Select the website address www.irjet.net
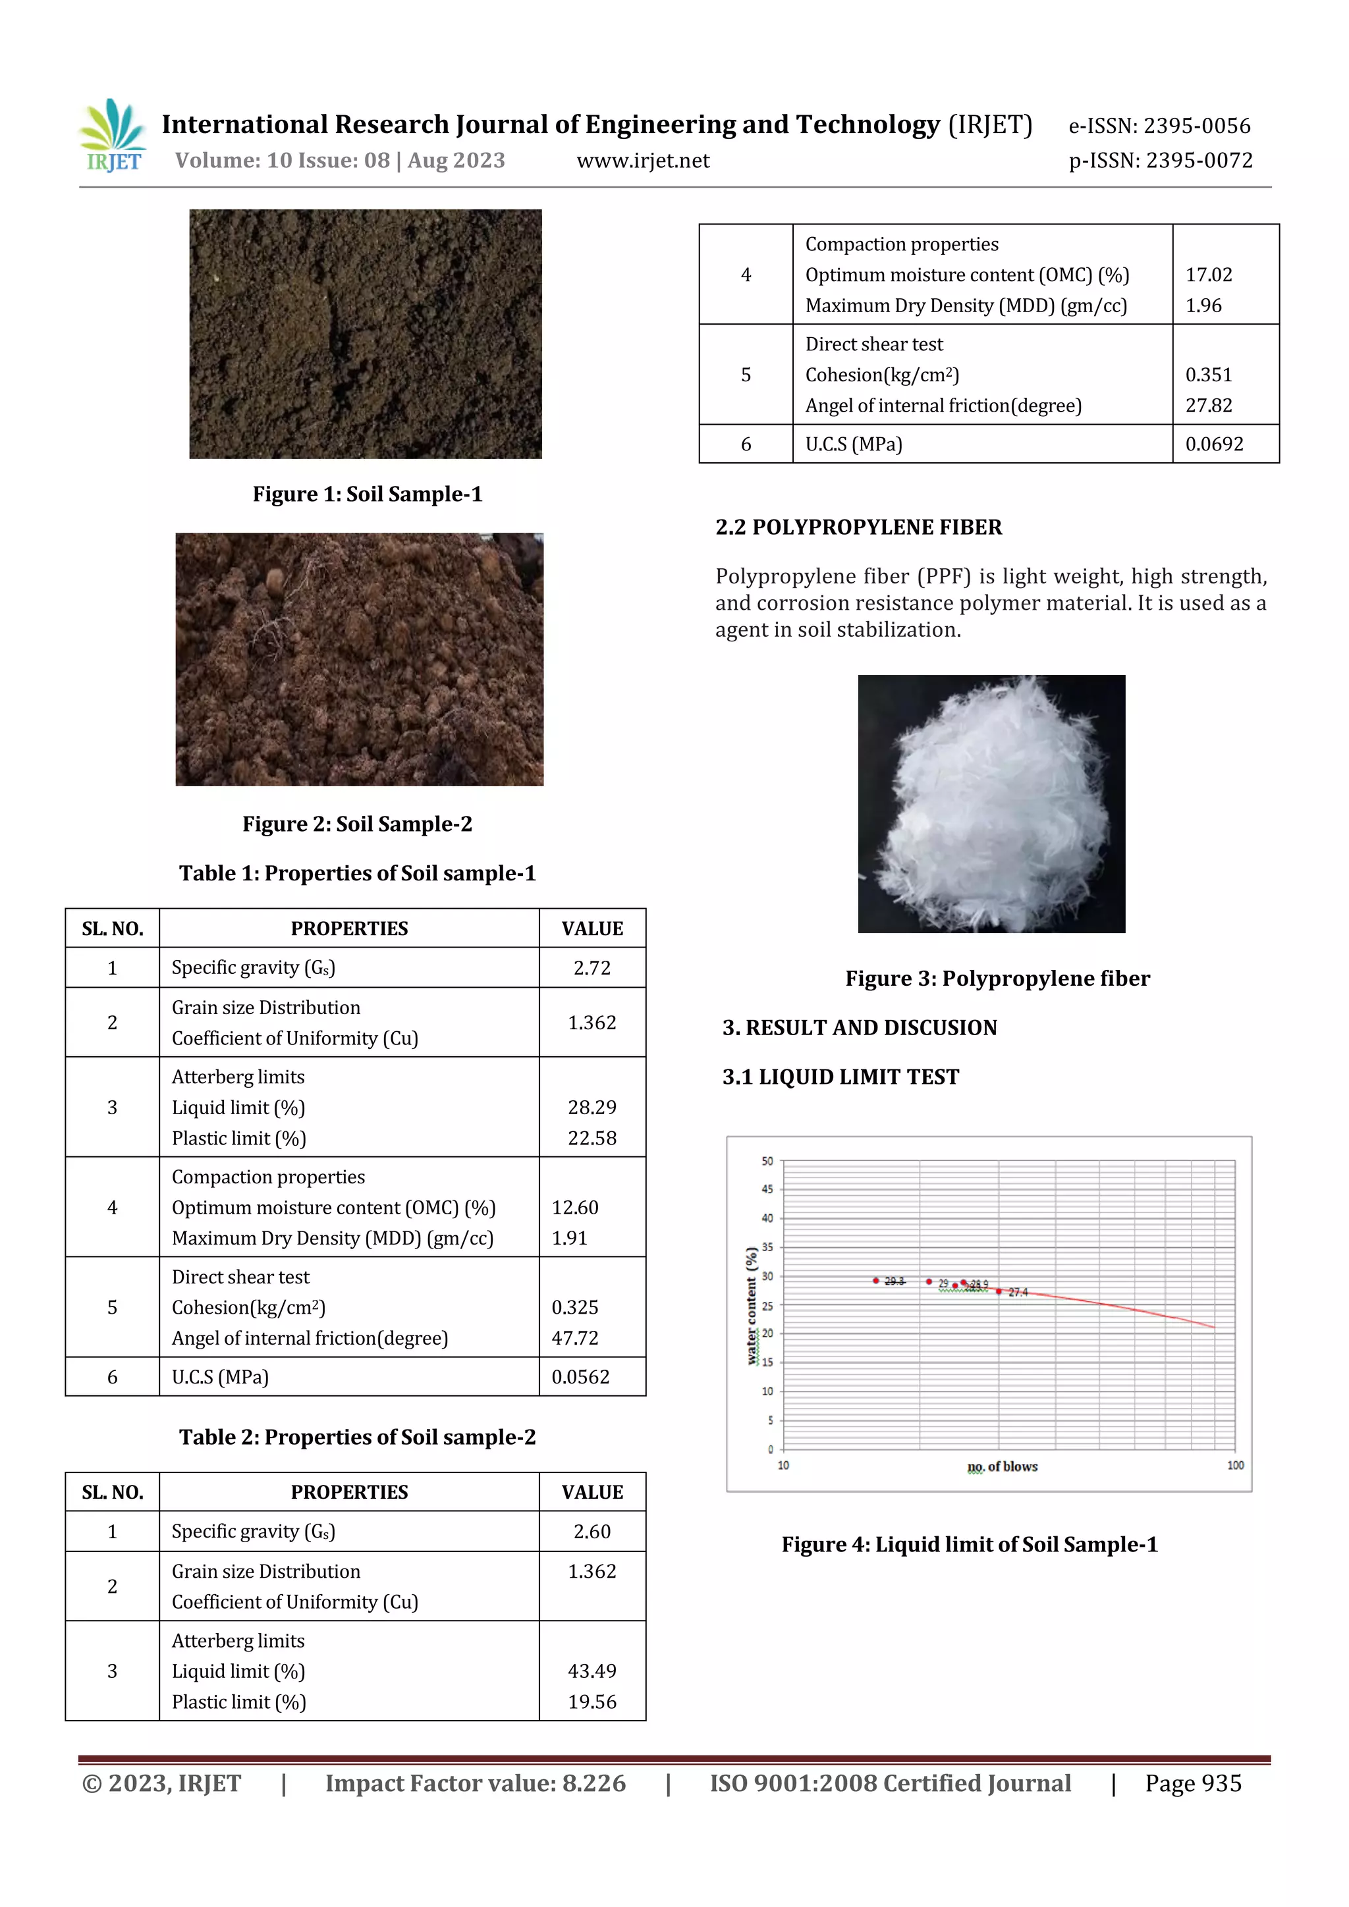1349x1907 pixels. coord(643,160)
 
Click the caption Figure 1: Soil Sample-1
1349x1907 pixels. coord(367,494)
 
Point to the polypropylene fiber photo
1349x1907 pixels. coord(991,803)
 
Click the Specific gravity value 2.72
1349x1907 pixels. coord(592,967)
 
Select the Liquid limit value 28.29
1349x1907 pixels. coord(592,1107)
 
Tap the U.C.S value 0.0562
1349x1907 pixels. coord(580,1377)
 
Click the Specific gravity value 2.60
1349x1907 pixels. coord(592,1532)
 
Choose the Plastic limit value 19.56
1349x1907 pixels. coord(592,1702)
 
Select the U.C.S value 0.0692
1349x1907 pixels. coord(1213,444)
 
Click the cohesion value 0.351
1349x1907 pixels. coord(1208,375)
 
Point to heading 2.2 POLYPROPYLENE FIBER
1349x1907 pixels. coord(858,527)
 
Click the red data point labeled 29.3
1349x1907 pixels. coord(875,1281)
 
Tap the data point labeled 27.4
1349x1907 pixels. coord(999,1291)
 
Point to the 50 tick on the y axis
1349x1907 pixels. coord(767,1161)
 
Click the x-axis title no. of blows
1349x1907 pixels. coord(1002,1466)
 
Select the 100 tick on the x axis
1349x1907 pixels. coord(1234,1465)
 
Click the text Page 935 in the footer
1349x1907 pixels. coord(1192,1783)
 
